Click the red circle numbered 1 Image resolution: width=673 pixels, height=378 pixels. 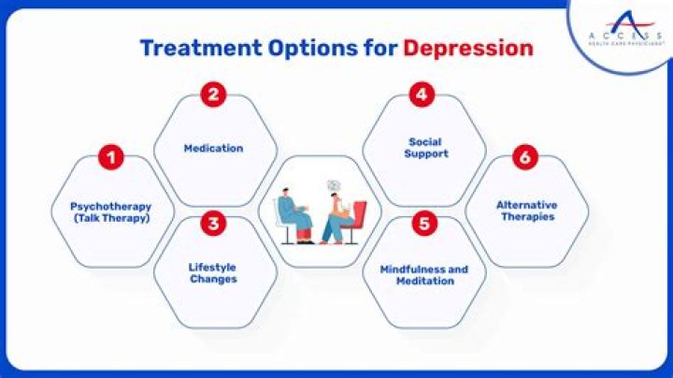(111, 158)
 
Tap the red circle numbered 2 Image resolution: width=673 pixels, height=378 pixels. (214, 94)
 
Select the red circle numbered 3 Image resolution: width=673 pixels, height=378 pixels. (214, 224)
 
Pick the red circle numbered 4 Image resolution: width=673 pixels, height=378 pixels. (422, 94)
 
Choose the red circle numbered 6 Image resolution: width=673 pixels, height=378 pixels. (525, 158)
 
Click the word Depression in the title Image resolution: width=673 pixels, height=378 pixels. (468, 48)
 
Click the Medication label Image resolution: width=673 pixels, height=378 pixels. (213, 148)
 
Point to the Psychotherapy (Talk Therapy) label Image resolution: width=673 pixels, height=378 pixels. (111, 211)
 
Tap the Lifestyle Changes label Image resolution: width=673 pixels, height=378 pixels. (213, 272)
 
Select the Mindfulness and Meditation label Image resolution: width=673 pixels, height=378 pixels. (423, 275)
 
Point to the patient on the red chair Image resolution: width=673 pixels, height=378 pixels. (339, 220)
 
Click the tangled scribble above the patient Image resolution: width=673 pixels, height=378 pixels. (333, 186)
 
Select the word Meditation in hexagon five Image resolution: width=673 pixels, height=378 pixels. (423, 281)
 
